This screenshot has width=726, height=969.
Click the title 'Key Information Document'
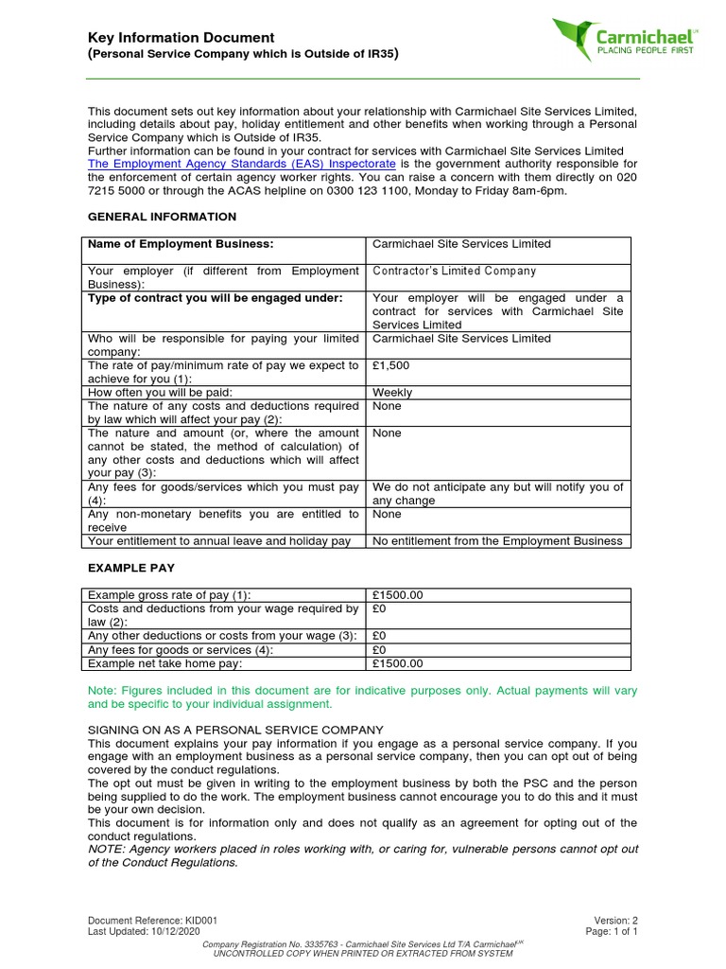click(x=181, y=38)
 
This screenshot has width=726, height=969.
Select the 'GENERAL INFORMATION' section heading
click(x=162, y=217)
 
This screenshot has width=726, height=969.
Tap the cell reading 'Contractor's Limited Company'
click(x=454, y=271)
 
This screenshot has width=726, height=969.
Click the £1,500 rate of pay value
click(x=391, y=365)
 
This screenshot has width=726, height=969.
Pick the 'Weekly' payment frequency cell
click(x=392, y=392)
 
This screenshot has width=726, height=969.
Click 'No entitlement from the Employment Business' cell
click(x=497, y=541)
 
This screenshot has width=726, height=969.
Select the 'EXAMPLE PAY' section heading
click(x=131, y=568)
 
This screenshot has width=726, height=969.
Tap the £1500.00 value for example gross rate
click(x=398, y=595)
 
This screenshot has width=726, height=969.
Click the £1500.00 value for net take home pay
click(x=398, y=663)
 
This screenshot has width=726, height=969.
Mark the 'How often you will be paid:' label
click(x=160, y=392)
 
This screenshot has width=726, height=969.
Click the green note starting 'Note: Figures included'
click(x=362, y=697)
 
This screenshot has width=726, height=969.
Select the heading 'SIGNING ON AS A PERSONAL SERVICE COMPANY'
click(x=235, y=730)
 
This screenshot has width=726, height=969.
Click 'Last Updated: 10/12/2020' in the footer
click(x=145, y=931)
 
